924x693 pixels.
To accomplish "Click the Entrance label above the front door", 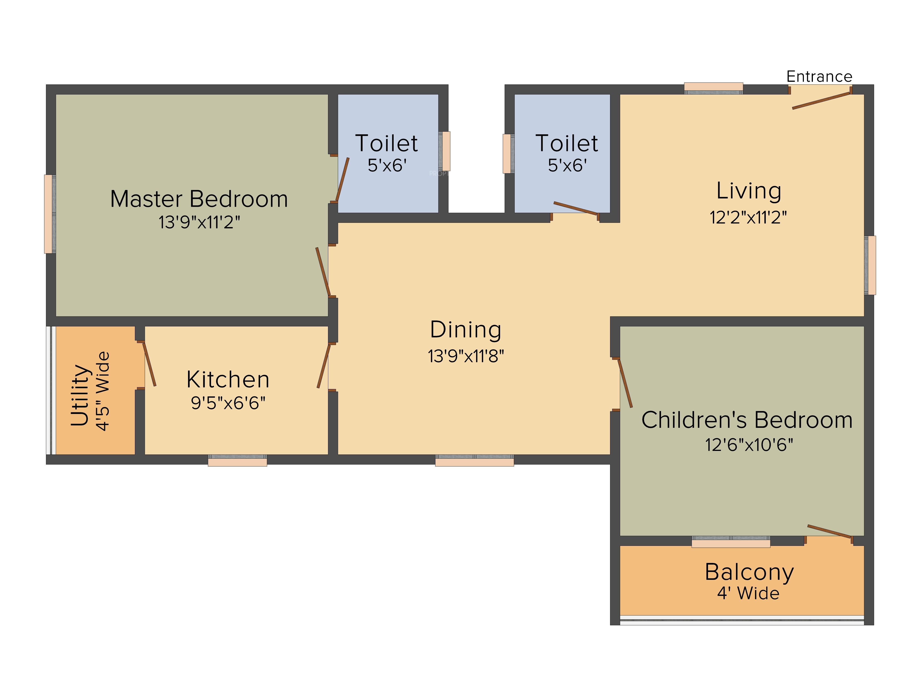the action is pyautogui.click(x=819, y=76).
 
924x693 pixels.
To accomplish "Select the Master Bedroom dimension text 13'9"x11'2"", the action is pyautogui.click(x=199, y=222).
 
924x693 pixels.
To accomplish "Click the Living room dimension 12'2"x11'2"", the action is pyautogui.click(x=748, y=217).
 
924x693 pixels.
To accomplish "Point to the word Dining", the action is pyautogui.click(x=466, y=330).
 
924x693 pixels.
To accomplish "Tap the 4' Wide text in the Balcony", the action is pyautogui.click(x=748, y=593).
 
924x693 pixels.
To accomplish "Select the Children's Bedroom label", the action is pyautogui.click(x=747, y=420).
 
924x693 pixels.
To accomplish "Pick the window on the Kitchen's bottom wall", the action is pyautogui.click(x=237, y=460).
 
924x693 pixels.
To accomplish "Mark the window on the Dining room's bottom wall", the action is pyautogui.click(x=474, y=460).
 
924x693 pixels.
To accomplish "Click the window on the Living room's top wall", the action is pyautogui.click(x=714, y=88).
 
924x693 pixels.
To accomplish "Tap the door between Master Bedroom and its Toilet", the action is pyautogui.click(x=343, y=180).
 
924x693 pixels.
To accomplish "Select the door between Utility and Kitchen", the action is pyautogui.click(x=149, y=364).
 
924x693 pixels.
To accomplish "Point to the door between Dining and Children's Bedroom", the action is pyautogui.click(x=625, y=383).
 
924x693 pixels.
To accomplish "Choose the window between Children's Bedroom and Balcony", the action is pyautogui.click(x=731, y=542).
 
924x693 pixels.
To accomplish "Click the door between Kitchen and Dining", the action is pyautogui.click(x=324, y=366).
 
